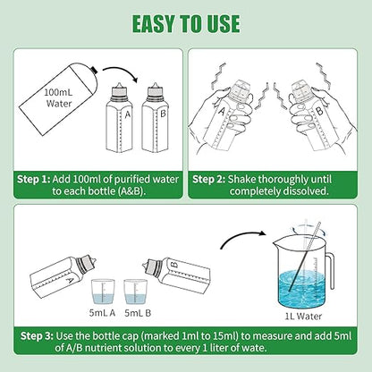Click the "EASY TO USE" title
[x=186, y=24]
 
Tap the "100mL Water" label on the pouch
[x=59, y=97]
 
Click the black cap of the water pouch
[x=94, y=70]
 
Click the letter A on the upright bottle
[x=128, y=114]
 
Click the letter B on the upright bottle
[x=163, y=114]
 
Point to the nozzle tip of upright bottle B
[x=155, y=84]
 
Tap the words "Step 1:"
[x=34, y=180]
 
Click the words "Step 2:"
[x=208, y=180]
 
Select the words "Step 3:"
[x=37, y=336]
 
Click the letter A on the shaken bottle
[x=222, y=111]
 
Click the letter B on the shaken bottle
[x=319, y=112]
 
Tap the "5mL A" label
[x=102, y=313]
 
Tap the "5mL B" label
[x=138, y=313]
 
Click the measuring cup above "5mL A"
[x=102, y=292]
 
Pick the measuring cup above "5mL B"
[x=135, y=292]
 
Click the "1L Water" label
[x=303, y=317]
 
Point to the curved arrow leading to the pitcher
[x=241, y=236]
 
